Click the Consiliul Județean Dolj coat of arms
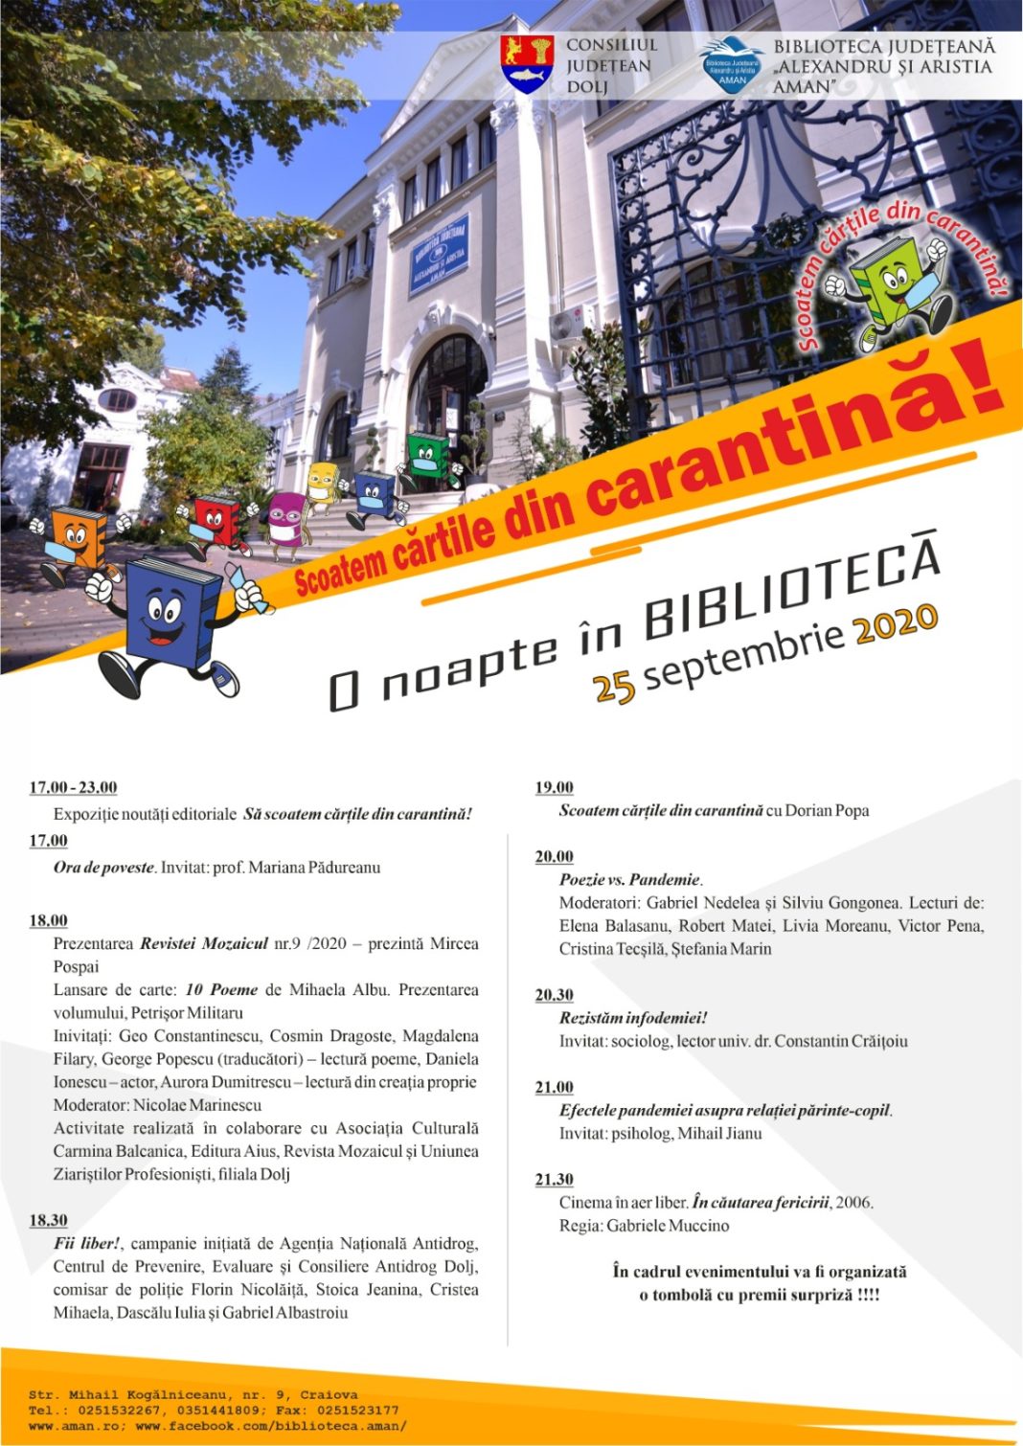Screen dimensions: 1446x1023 click(x=527, y=63)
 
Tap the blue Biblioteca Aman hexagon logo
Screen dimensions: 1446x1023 click(x=732, y=65)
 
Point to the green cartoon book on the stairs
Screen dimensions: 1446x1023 click(x=427, y=460)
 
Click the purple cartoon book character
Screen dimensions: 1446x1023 click(x=285, y=523)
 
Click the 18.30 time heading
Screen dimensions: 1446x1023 click(x=48, y=1220)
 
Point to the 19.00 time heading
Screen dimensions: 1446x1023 click(x=554, y=787)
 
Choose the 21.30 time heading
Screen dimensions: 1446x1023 click(x=554, y=1179)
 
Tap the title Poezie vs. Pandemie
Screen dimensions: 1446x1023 click(x=630, y=879)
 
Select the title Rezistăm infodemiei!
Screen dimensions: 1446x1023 click(x=633, y=1018)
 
